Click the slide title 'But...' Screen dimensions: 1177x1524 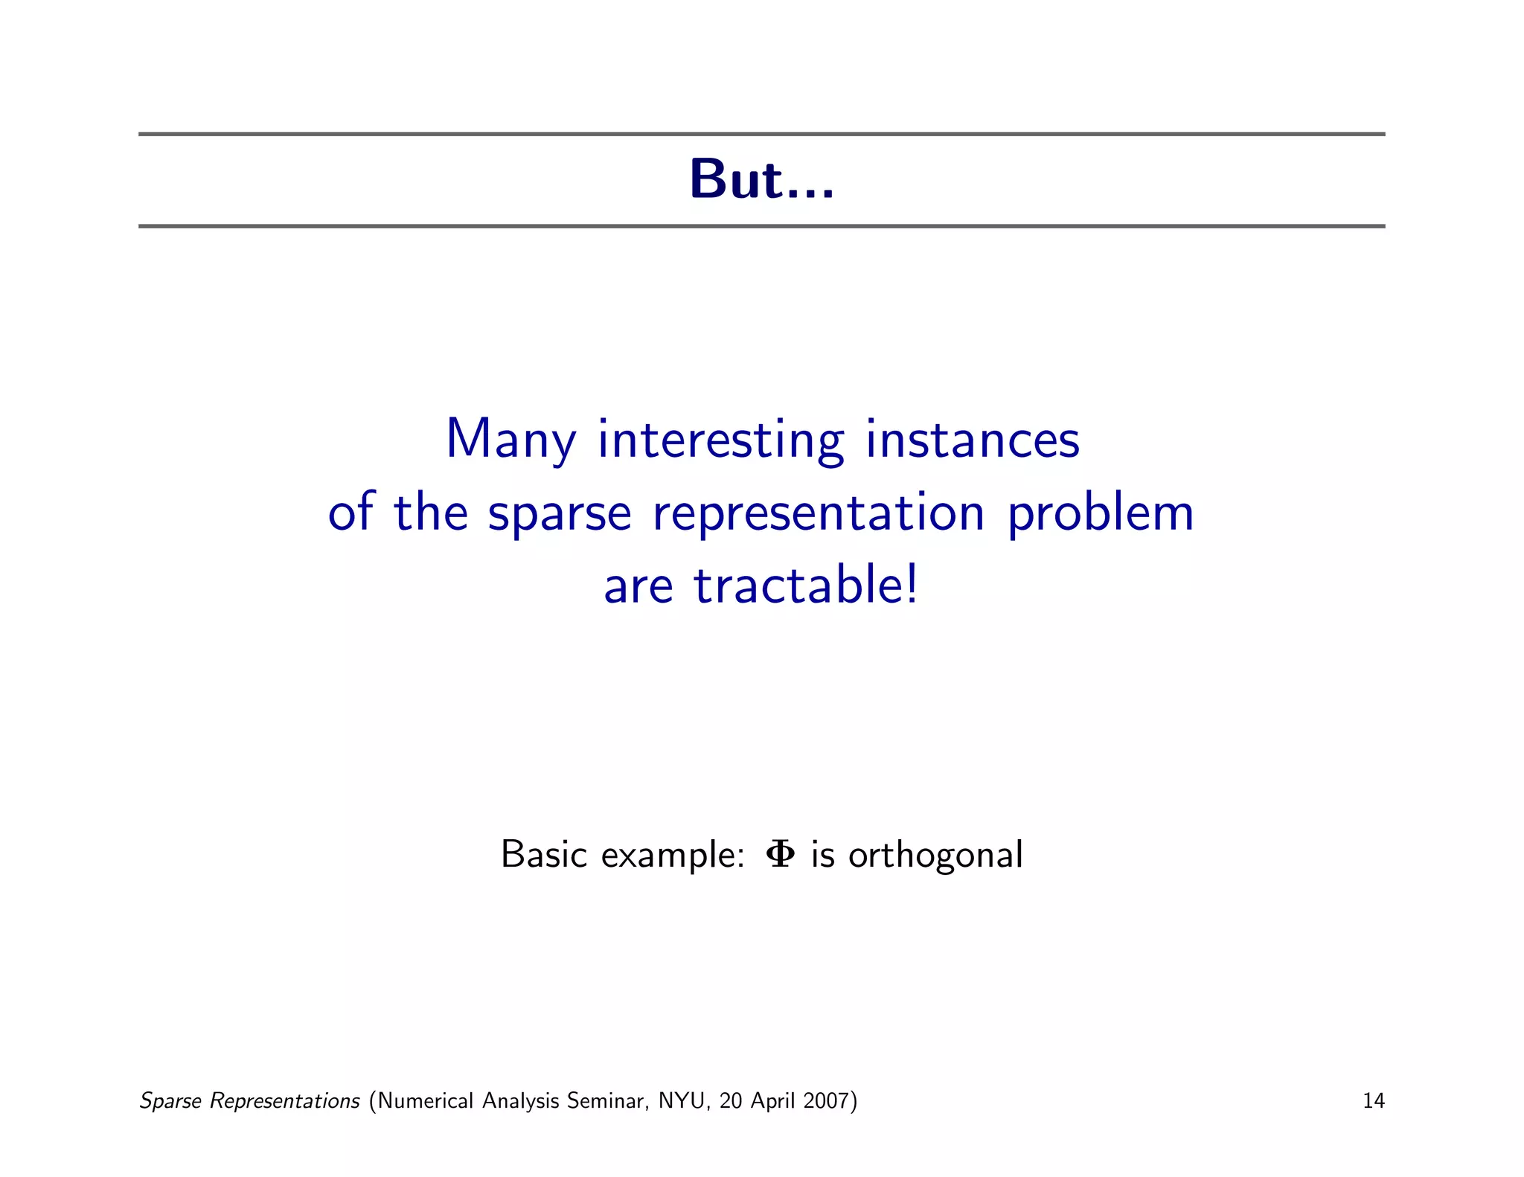pyautogui.click(x=761, y=180)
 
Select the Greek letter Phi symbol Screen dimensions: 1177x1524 pyautogui.click(x=780, y=854)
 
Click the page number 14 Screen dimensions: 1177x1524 pyautogui.click(x=1373, y=1100)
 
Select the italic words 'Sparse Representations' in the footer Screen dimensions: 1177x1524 pyautogui.click(x=250, y=1100)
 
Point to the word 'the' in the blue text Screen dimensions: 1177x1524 pyautogui.click(x=431, y=513)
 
